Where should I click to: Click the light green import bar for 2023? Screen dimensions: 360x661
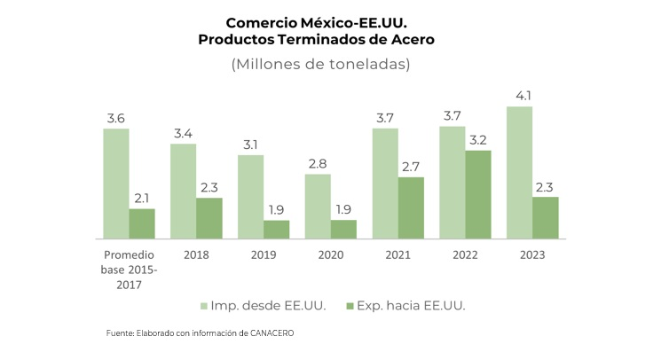pos(519,173)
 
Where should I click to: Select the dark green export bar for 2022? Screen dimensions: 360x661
pos(478,194)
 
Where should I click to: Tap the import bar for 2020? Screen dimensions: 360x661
pos(318,207)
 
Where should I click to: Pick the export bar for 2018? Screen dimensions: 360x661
pos(209,218)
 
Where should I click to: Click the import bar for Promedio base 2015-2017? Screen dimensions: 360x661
pos(115,184)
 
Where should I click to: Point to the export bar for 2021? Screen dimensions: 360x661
pos(411,207)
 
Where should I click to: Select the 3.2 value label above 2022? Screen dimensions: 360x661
pos(478,140)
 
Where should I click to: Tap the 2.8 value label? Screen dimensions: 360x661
pos(318,164)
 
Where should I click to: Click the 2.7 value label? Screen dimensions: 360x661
pos(411,167)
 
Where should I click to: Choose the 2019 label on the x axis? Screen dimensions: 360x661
pos(264,255)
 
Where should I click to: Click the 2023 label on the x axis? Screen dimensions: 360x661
pos(532,255)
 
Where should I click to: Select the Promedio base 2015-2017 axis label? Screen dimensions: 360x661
pos(129,270)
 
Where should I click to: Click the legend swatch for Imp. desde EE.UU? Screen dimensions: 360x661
pos(205,306)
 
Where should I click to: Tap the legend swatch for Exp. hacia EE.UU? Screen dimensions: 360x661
pos(349,306)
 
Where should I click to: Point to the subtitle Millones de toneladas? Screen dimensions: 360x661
pos(320,66)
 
